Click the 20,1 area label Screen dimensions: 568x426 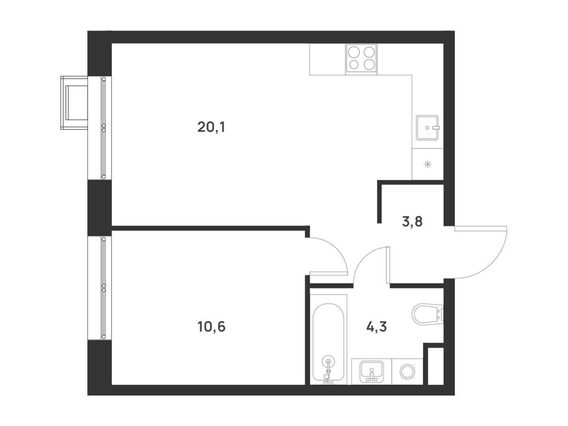click(211, 127)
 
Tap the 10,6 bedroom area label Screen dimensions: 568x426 click(211, 327)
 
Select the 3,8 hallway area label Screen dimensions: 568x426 click(412, 222)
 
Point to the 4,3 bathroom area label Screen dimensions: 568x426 click(377, 327)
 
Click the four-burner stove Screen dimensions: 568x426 click(361, 59)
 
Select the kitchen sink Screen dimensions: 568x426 click(428, 128)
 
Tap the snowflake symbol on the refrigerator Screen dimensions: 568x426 click(428, 164)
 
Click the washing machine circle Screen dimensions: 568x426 click(407, 372)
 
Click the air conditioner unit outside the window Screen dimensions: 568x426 click(74, 103)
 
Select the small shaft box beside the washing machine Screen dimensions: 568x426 click(435, 366)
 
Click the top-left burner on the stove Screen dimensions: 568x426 click(353, 52)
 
